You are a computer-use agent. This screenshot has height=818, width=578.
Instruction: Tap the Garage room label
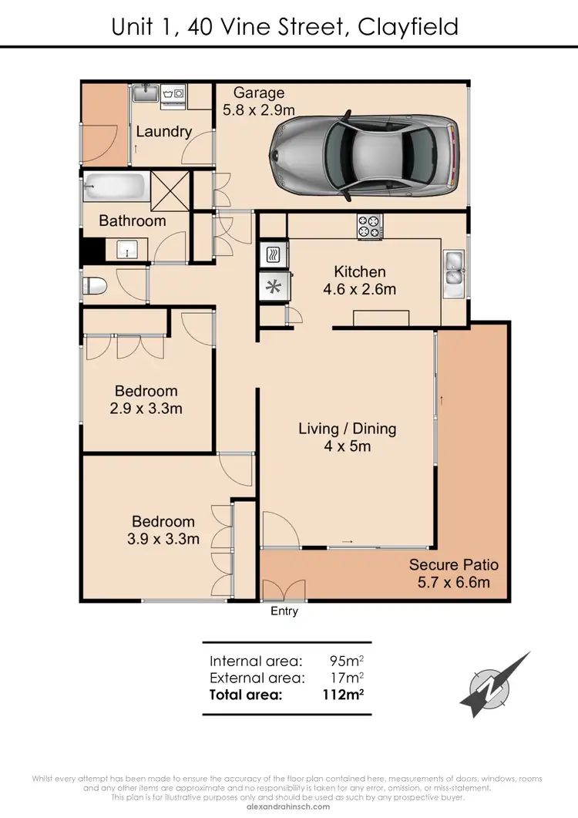(259, 94)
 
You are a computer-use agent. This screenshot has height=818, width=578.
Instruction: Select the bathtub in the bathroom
(116, 187)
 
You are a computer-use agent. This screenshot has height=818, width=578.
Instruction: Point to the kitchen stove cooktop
(368, 226)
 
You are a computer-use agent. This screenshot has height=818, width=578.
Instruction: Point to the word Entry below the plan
(283, 611)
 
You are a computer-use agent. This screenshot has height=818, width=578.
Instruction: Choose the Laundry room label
(163, 132)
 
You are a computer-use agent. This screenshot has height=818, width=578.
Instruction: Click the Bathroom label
(132, 221)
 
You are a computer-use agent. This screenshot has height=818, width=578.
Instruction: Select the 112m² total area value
(341, 695)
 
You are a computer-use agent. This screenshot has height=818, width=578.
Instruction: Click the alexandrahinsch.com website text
(289, 806)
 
